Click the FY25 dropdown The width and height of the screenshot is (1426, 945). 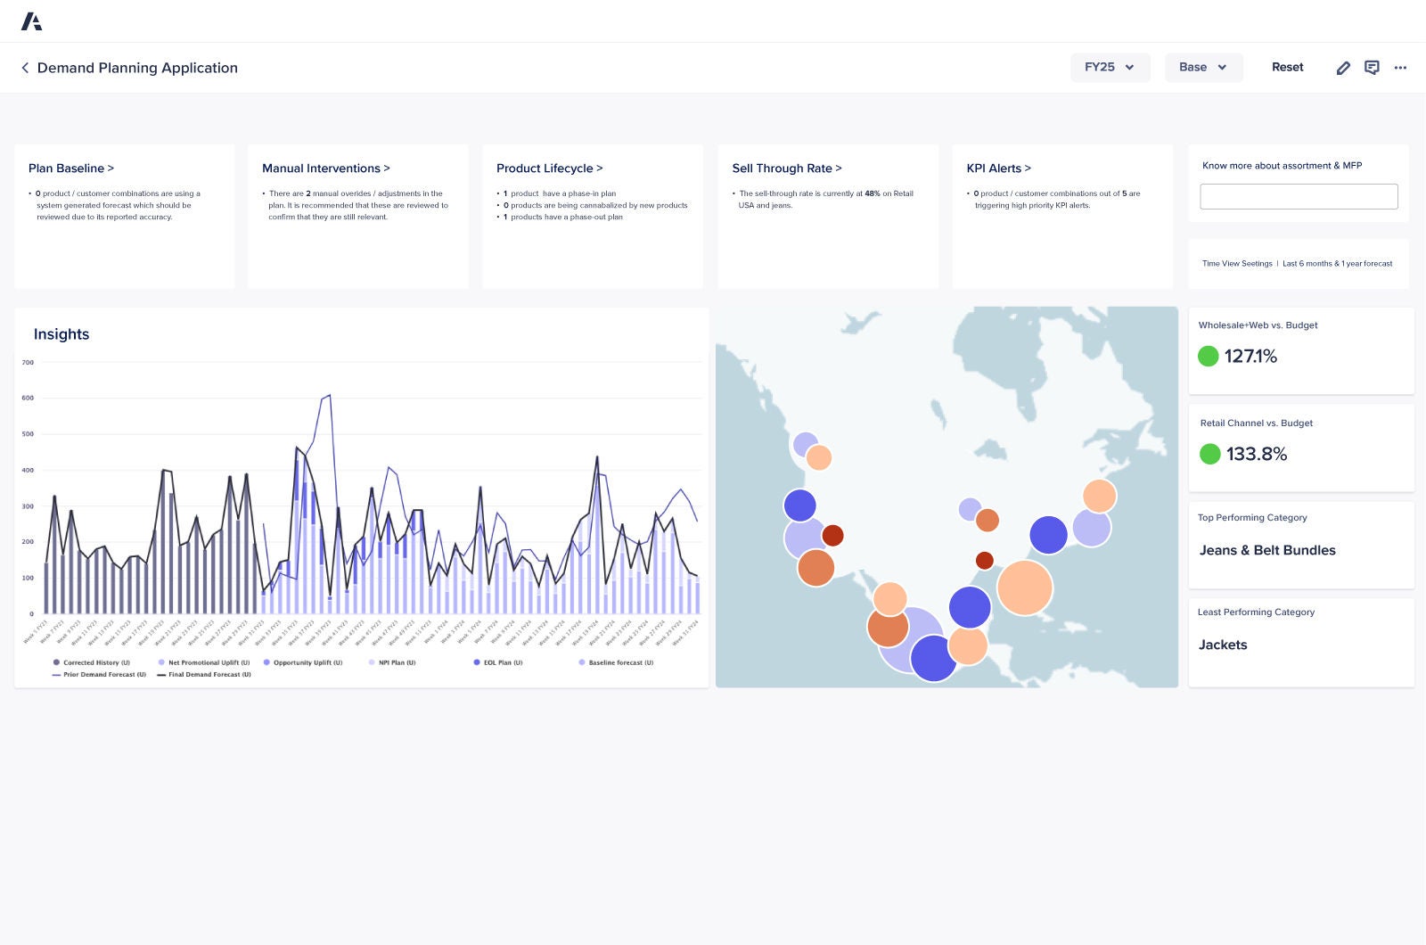pyautogui.click(x=1110, y=67)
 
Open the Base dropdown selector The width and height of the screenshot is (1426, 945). pyautogui.click(x=1203, y=67)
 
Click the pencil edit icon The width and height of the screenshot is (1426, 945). pyautogui.click(x=1343, y=68)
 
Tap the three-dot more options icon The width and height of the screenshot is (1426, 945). pyautogui.click(x=1400, y=68)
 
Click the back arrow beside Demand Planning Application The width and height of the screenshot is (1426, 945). pyautogui.click(x=25, y=68)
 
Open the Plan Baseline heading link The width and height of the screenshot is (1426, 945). pyautogui.click(x=71, y=168)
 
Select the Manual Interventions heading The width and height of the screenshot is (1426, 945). pyautogui.click(x=325, y=168)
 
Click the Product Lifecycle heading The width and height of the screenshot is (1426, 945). pyautogui.click(x=549, y=168)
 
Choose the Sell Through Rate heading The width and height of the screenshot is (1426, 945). pyautogui.click(x=786, y=168)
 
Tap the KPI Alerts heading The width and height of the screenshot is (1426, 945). pyautogui.click(x=998, y=168)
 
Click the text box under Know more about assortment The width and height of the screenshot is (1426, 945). pyautogui.click(x=1299, y=196)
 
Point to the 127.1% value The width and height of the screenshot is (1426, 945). pyautogui.click(x=1250, y=357)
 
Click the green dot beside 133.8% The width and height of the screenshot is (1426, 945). pyautogui.click(x=1209, y=454)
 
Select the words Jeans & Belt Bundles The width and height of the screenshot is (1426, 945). pyautogui.click(x=1267, y=550)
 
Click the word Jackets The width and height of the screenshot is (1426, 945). pyautogui.click(x=1223, y=645)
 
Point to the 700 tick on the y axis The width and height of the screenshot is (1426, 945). pyautogui.click(x=28, y=363)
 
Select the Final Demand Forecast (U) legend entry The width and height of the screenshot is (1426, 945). pyautogui.click(x=209, y=675)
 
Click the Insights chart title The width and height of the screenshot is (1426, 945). pyautogui.click(x=61, y=334)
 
